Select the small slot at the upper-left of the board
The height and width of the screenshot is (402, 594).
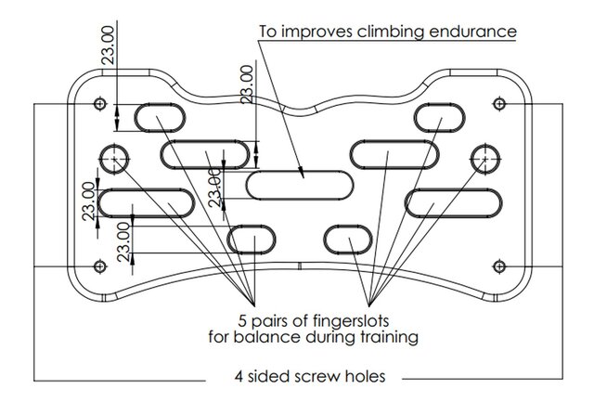point(161,118)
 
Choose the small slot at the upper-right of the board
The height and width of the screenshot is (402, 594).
point(439,118)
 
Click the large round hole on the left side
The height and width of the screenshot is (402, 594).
point(116,159)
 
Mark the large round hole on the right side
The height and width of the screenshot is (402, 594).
point(484,159)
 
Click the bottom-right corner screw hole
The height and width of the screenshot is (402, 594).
point(498,266)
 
